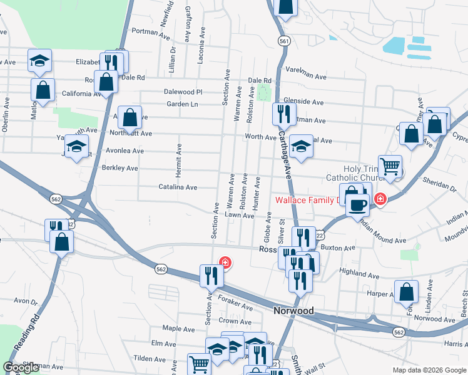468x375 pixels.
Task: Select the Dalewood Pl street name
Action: (183, 91)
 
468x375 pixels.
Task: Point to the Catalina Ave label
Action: (178, 187)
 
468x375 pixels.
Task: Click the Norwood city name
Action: (293, 311)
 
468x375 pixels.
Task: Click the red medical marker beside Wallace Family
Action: (380, 199)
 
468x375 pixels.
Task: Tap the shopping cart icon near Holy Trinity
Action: (390, 166)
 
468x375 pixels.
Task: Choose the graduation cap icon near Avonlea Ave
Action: (76, 147)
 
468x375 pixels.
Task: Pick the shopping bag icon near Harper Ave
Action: (407, 291)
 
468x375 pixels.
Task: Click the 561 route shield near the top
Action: (285, 41)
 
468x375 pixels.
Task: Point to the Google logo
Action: (21, 367)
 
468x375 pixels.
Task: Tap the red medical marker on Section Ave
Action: (223, 262)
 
